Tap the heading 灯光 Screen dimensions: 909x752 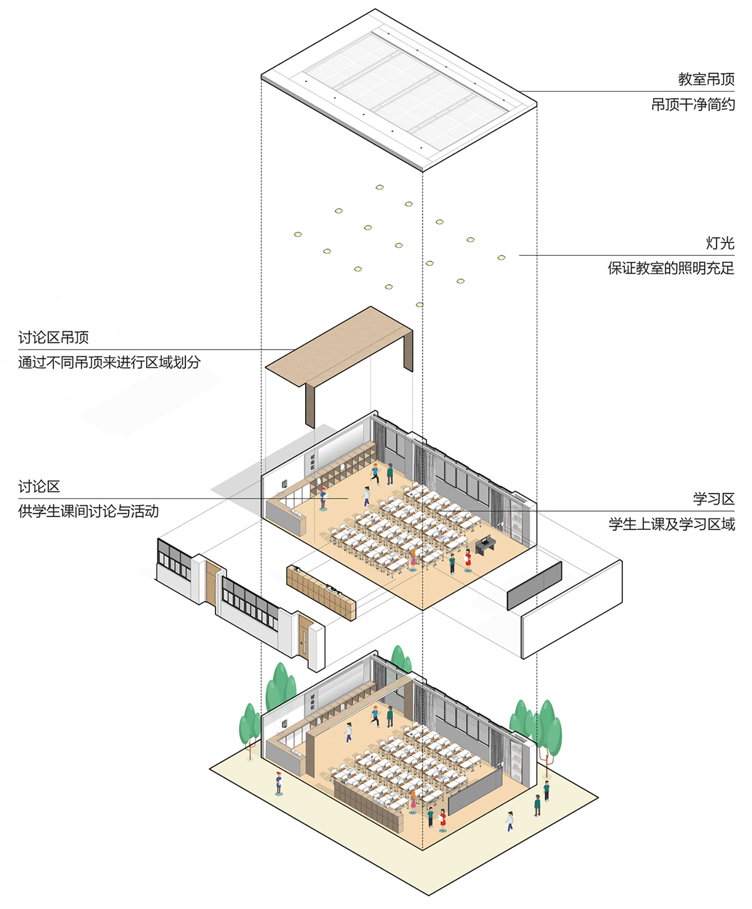point(720,243)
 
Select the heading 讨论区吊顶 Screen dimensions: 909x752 point(54,338)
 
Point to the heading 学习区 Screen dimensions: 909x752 point(714,499)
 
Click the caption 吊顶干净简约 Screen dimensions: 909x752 point(693,104)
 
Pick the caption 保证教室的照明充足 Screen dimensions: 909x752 point(671,268)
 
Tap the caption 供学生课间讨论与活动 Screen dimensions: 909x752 point(88,511)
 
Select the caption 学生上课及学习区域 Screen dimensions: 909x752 point(671,524)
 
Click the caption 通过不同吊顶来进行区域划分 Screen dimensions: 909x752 point(109,362)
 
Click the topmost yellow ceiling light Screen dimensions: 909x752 point(380,188)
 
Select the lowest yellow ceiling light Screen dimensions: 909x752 point(419,305)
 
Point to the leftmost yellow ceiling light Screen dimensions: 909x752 point(298,234)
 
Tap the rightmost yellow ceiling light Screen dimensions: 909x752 point(501,257)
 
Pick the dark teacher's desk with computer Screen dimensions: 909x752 point(485,545)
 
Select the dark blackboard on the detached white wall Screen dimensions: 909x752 point(534,586)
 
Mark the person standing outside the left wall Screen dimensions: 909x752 point(279,783)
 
